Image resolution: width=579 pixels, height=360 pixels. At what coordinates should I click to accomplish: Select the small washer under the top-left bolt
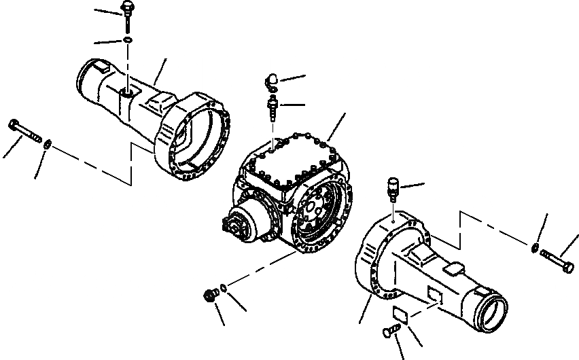(x=128, y=41)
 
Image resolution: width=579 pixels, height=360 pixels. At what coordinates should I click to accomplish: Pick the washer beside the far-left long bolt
(x=48, y=143)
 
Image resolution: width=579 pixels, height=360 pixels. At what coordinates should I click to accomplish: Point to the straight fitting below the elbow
(x=272, y=107)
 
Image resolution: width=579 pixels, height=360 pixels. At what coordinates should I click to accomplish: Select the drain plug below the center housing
(x=211, y=295)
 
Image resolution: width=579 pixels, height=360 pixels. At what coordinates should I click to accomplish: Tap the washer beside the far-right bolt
(x=537, y=247)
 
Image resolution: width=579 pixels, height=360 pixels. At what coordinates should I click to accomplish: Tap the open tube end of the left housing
(x=88, y=72)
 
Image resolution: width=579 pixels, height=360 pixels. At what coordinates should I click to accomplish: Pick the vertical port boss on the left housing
(x=127, y=91)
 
